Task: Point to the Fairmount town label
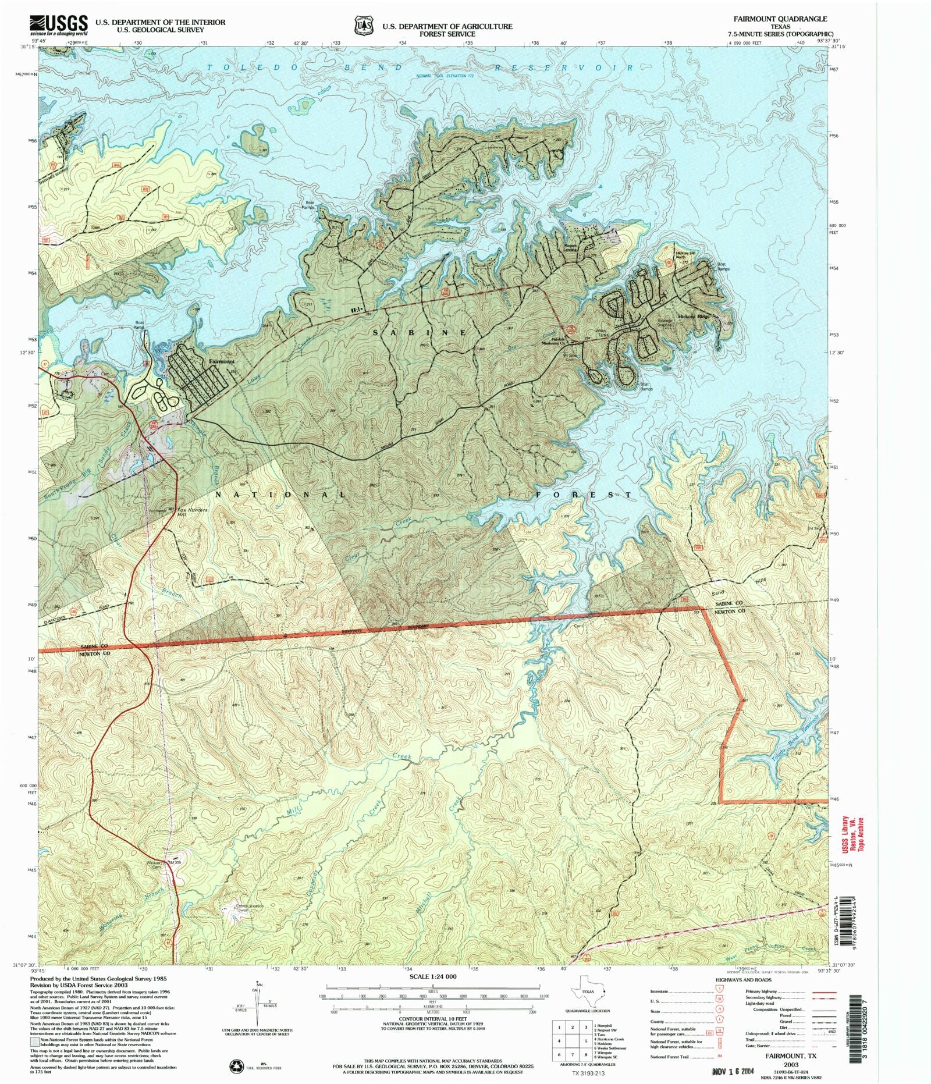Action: coord(222,361)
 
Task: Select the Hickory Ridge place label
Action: coord(694,317)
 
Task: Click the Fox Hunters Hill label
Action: coord(191,511)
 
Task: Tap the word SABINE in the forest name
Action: coord(419,332)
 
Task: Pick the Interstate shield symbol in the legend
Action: coord(719,988)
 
